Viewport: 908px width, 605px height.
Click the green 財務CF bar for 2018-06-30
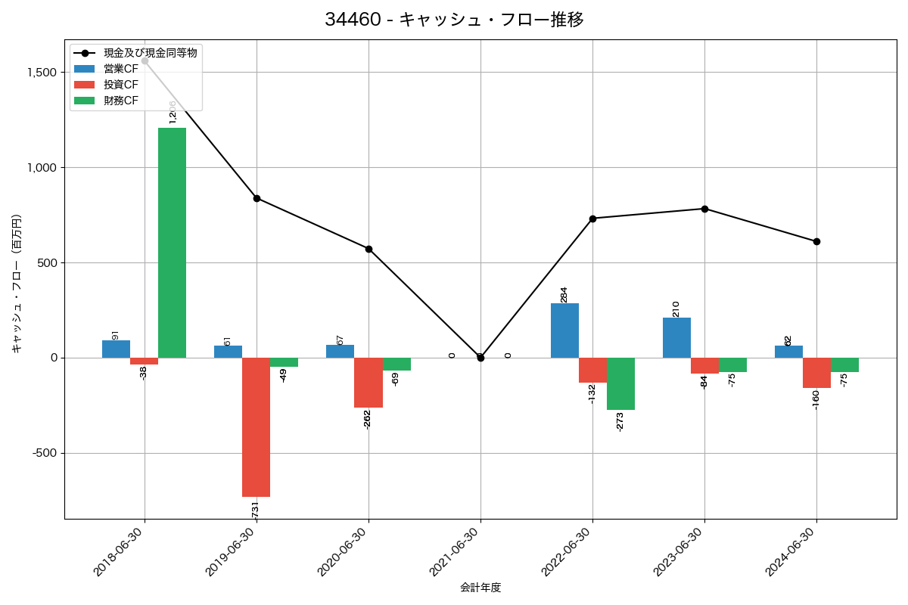pos(172,243)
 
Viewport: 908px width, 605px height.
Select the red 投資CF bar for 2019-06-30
pos(256,427)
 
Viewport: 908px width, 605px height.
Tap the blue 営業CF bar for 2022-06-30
pos(564,330)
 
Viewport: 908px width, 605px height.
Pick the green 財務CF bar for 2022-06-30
pos(620,383)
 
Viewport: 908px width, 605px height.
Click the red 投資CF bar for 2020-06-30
pos(368,383)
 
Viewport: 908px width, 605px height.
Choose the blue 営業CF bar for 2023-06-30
pos(676,337)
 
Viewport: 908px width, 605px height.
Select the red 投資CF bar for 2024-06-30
pos(816,373)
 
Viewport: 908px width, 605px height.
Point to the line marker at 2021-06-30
pos(480,358)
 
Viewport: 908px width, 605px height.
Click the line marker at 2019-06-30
pos(257,198)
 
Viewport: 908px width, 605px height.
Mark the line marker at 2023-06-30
pos(704,209)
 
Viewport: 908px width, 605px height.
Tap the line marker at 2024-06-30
pos(816,241)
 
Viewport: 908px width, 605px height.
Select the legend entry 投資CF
pos(121,85)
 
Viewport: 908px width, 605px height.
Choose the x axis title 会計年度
pos(480,588)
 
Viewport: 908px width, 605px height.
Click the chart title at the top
pos(454,20)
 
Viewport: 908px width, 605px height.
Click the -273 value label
pos(620,421)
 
